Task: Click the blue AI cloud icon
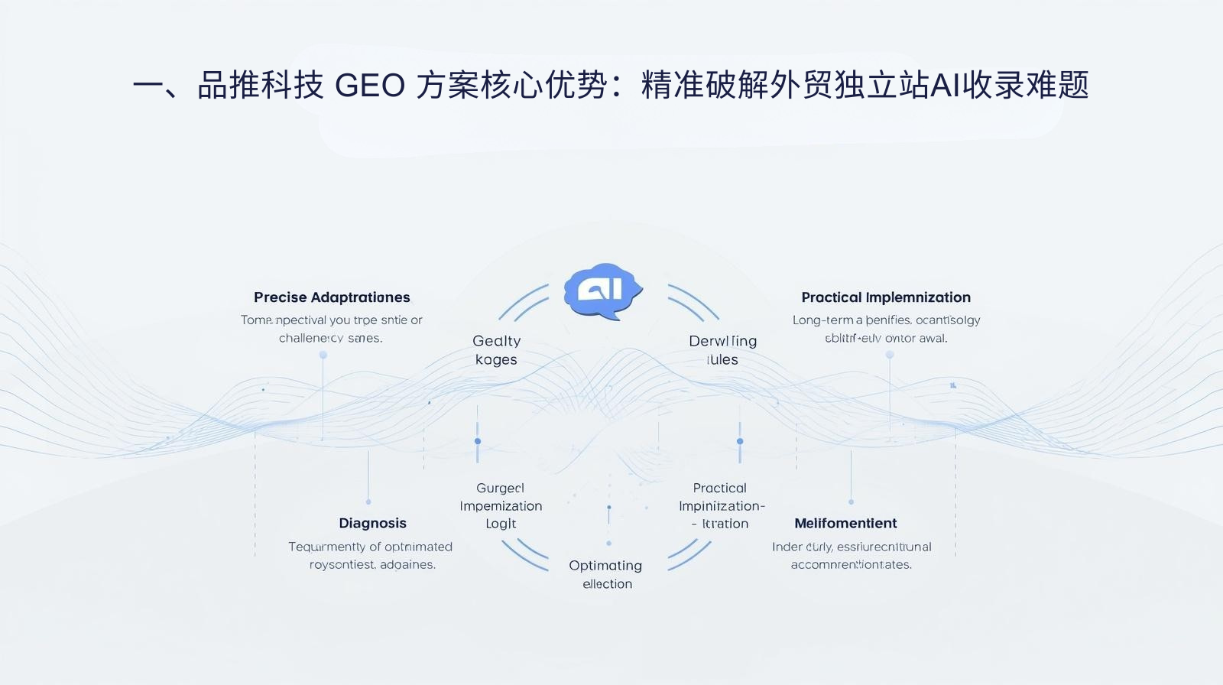click(602, 292)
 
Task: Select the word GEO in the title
click(369, 86)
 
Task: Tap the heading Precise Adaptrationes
click(332, 297)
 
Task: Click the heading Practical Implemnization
click(886, 297)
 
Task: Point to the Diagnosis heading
click(372, 524)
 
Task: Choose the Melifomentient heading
click(845, 524)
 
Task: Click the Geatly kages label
click(496, 350)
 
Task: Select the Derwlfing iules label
click(722, 350)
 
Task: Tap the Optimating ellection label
click(605, 574)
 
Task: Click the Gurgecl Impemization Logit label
click(501, 506)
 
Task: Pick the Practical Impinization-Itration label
click(721, 506)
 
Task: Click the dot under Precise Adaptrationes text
click(323, 355)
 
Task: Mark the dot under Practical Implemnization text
click(890, 355)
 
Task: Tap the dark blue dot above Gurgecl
click(478, 441)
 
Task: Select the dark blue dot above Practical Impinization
click(740, 441)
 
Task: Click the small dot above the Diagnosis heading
click(368, 502)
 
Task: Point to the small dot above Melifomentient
click(851, 502)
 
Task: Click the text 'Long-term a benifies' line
click(886, 320)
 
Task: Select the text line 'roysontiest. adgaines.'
click(372, 565)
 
